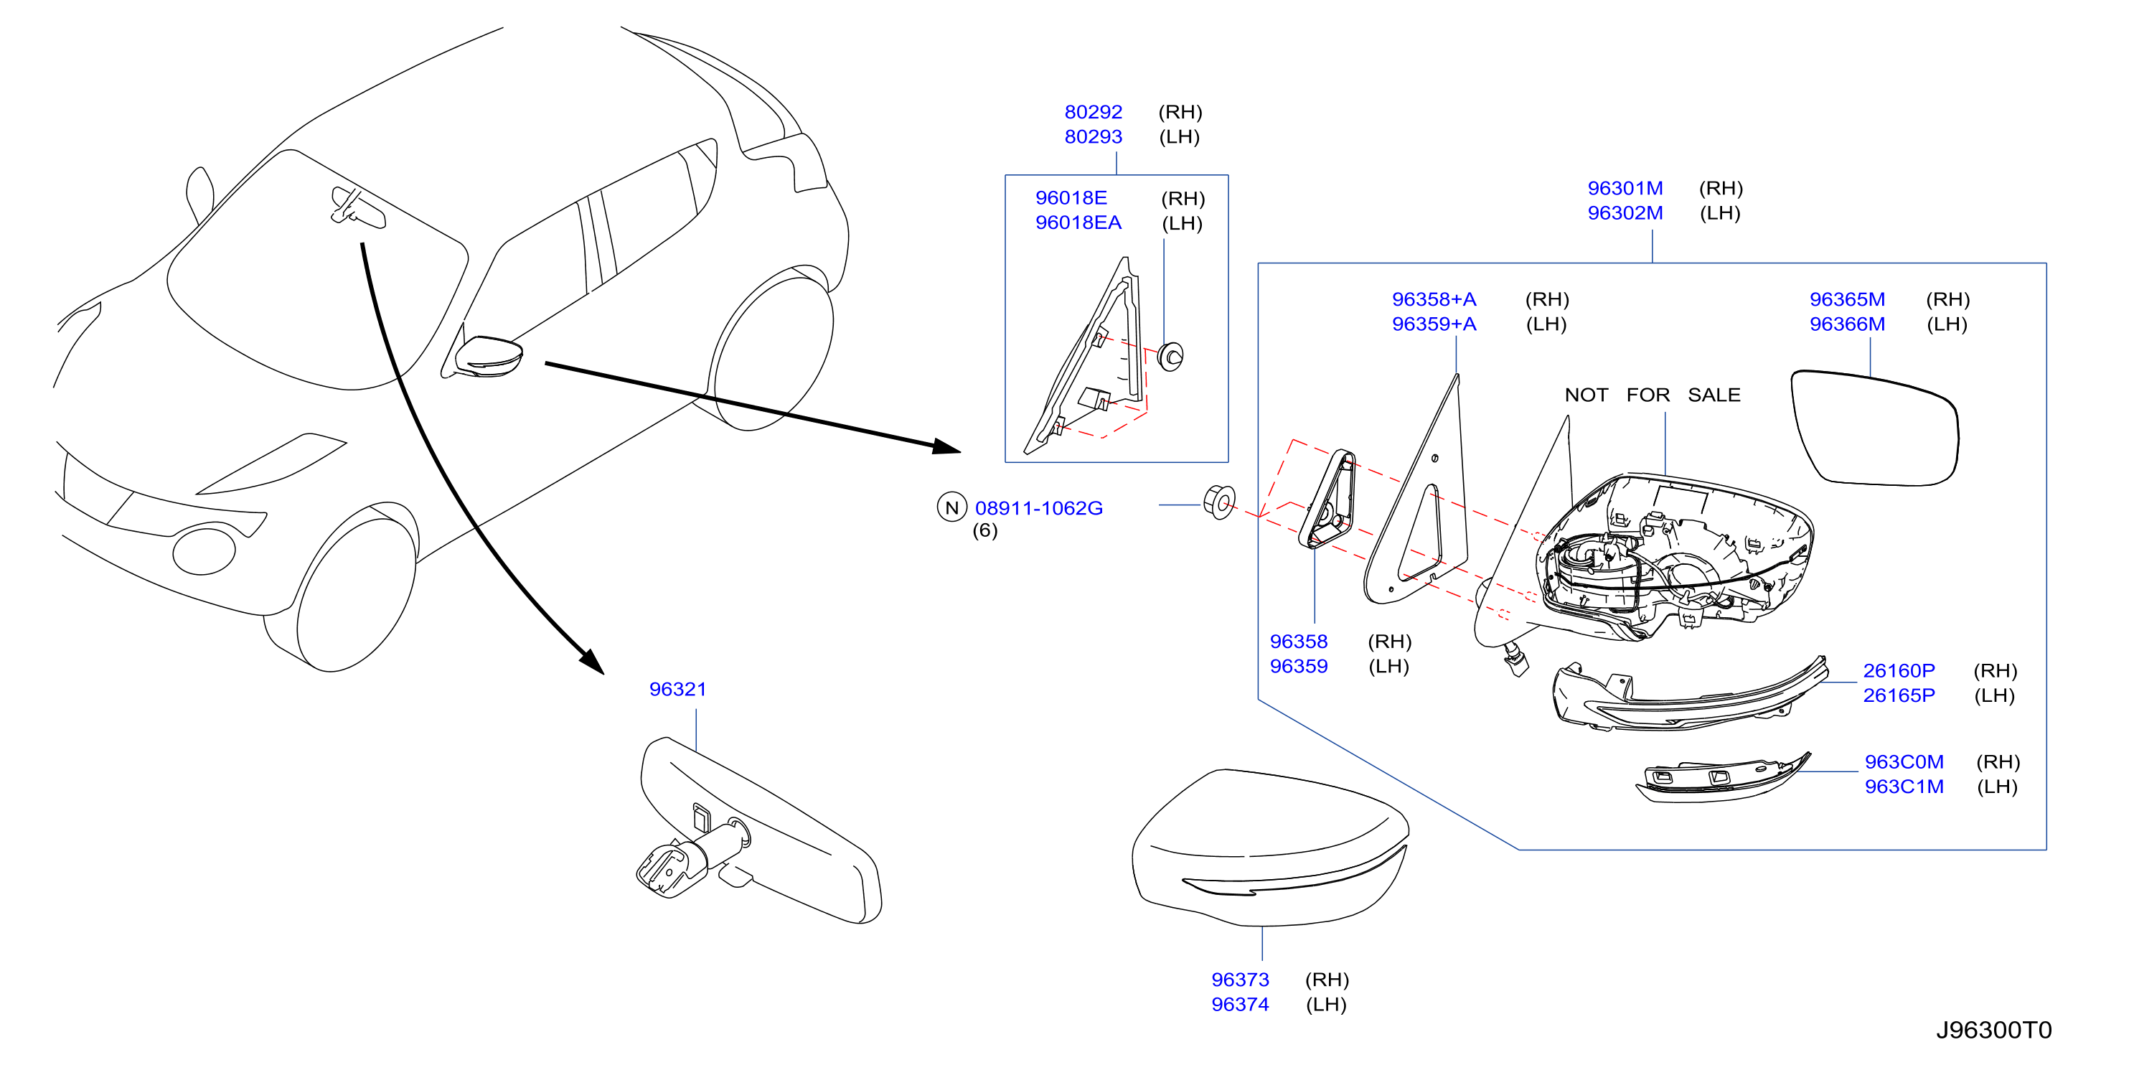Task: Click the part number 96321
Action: tap(677, 689)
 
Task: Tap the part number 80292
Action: tap(1093, 112)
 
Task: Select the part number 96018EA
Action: tap(1078, 222)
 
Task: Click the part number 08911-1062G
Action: tap(1039, 508)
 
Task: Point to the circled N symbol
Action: tap(952, 507)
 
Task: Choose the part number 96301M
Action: tap(1625, 188)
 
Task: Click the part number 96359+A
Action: tap(1434, 324)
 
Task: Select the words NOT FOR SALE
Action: tap(1652, 395)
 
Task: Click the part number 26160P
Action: tap(1899, 670)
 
